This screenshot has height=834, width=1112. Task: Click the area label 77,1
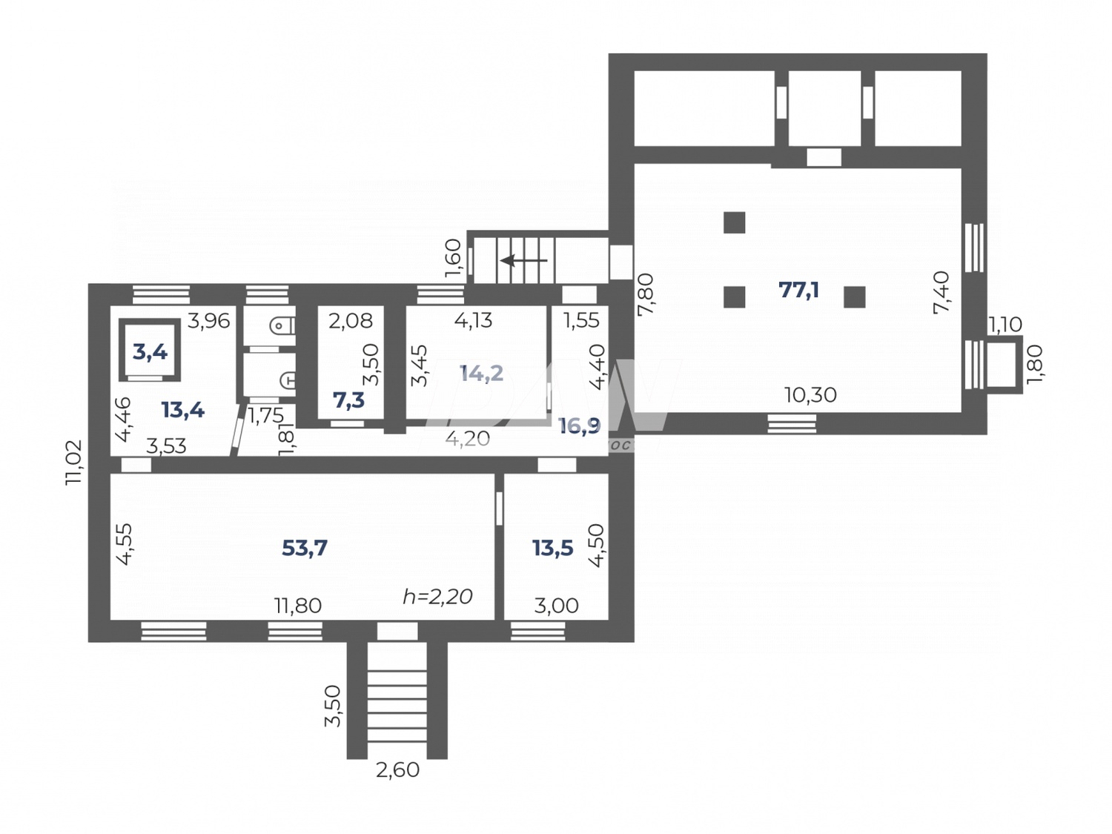tap(798, 290)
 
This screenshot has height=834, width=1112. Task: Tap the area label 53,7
tap(305, 548)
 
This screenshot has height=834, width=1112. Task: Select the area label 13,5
tap(552, 548)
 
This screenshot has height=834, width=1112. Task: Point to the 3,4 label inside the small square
tap(150, 351)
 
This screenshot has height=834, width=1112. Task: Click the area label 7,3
tap(348, 400)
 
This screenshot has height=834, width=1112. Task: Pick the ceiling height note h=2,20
tap(437, 596)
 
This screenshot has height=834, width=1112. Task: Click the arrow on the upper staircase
tap(523, 260)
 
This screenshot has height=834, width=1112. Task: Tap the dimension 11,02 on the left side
tap(74, 463)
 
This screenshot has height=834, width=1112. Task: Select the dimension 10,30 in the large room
tap(810, 395)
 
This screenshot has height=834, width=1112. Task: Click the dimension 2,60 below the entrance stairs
tap(397, 770)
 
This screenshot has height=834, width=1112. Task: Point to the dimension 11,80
tap(298, 606)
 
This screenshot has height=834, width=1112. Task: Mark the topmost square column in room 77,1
tap(734, 222)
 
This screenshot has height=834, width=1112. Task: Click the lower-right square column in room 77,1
tap(854, 297)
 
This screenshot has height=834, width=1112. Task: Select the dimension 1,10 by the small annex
tap(1005, 324)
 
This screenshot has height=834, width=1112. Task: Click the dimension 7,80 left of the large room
tap(645, 294)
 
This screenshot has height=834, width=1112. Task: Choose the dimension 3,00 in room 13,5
tap(556, 606)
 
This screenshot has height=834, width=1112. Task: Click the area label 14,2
tap(481, 373)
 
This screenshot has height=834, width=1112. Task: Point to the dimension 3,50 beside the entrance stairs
tap(333, 706)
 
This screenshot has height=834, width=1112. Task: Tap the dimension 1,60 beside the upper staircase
tap(453, 257)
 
